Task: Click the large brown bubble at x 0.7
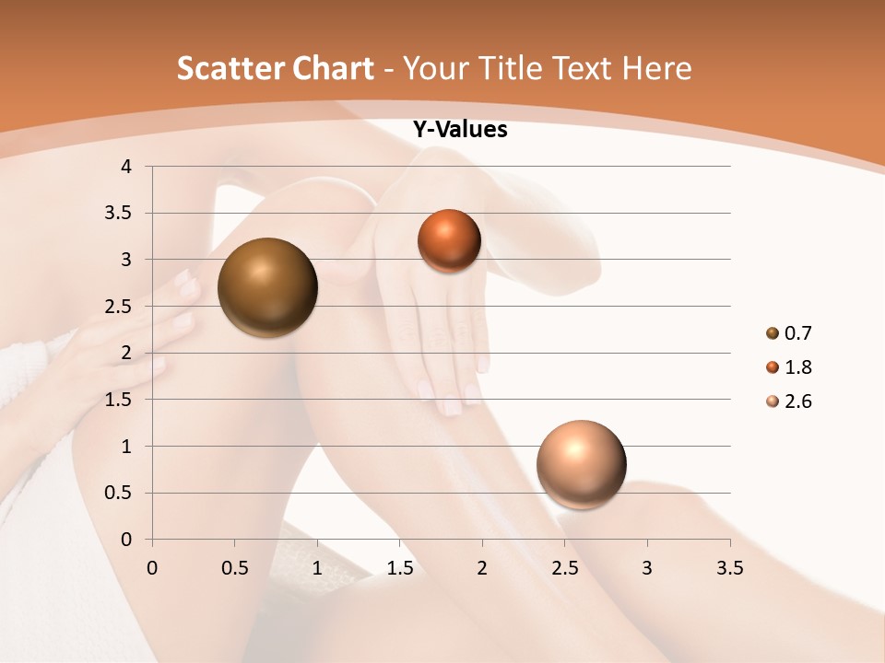click(x=267, y=287)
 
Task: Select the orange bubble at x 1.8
click(x=449, y=240)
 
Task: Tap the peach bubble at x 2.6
click(x=581, y=464)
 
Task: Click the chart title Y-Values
click(x=460, y=130)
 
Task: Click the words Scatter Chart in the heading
click(x=275, y=68)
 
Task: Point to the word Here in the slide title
click(x=656, y=68)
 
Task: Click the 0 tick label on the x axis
click(x=152, y=568)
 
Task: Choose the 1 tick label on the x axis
click(x=317, y=568)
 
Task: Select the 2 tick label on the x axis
click(x=482, y=568)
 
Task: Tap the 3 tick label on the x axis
click(x=647, y=568)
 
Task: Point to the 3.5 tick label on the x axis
click(x=729, y=568)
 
